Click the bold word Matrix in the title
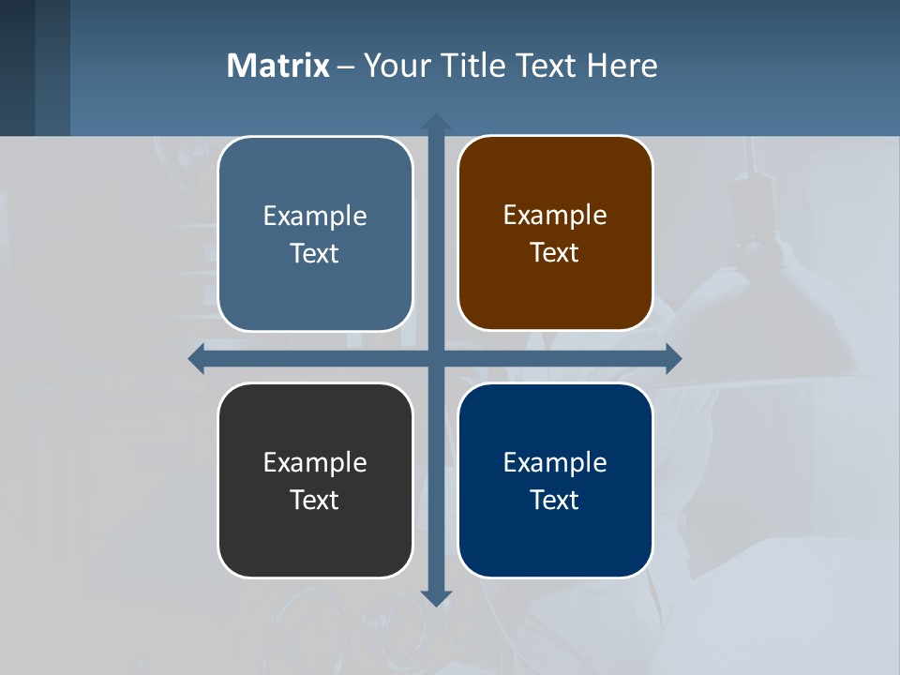(x=277, y=66)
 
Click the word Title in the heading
(x=472, y=66)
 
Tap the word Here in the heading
(x=622, y=66)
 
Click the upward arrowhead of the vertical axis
(x=436, y=122)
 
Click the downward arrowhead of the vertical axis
(x=436, y=597)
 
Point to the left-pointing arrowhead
(x=197, y=358)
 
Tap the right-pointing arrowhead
(x=672, y=358)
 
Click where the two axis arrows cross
(x=436, y=358)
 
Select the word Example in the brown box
(x=555, y=216)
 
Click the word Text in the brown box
(x=555, y=253)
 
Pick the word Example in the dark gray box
(x=315, y=462)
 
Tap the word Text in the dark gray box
(x=315, y=500)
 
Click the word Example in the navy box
(x=555, y=462)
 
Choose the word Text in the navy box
(x=555, y=500)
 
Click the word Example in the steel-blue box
(x=315, y=217)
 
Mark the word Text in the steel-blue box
(x=315, y=254)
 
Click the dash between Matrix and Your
(x=346, y=67)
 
